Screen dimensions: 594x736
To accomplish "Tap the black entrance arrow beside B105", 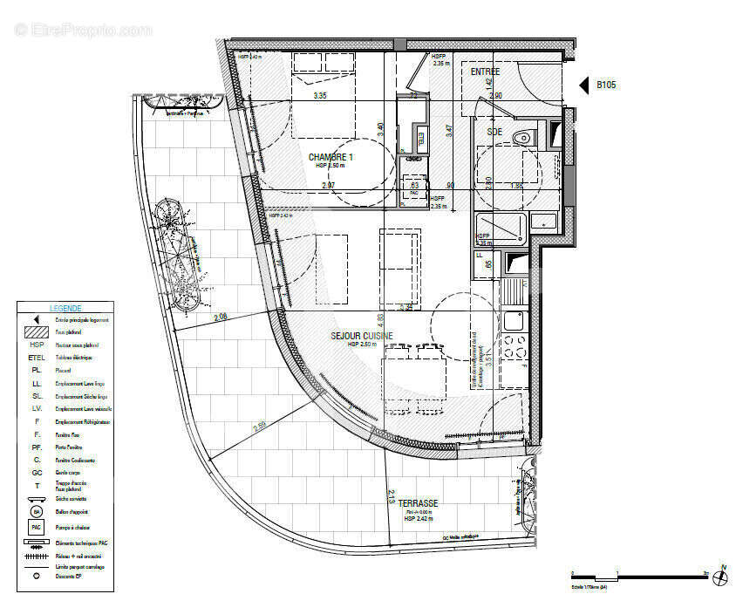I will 584,85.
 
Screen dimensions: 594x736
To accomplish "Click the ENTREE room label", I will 485,72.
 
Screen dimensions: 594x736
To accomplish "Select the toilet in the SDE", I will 522,136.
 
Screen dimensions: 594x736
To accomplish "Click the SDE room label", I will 494,132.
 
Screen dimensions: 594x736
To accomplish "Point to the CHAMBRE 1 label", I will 331,157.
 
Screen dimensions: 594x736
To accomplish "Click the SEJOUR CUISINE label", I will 361,335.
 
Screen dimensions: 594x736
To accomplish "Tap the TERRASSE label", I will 419,503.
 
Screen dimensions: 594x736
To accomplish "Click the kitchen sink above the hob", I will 513,319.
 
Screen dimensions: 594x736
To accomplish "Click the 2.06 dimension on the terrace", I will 220,317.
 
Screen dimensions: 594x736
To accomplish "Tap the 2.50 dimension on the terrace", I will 260,427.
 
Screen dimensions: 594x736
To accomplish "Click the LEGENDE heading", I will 65,308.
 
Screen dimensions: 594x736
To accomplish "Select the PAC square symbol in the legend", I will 37,527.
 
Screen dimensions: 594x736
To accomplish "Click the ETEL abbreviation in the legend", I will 37,357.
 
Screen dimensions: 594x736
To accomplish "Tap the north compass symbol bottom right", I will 721,575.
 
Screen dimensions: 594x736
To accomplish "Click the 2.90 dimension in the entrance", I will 495,95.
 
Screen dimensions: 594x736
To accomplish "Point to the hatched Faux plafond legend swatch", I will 37,331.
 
